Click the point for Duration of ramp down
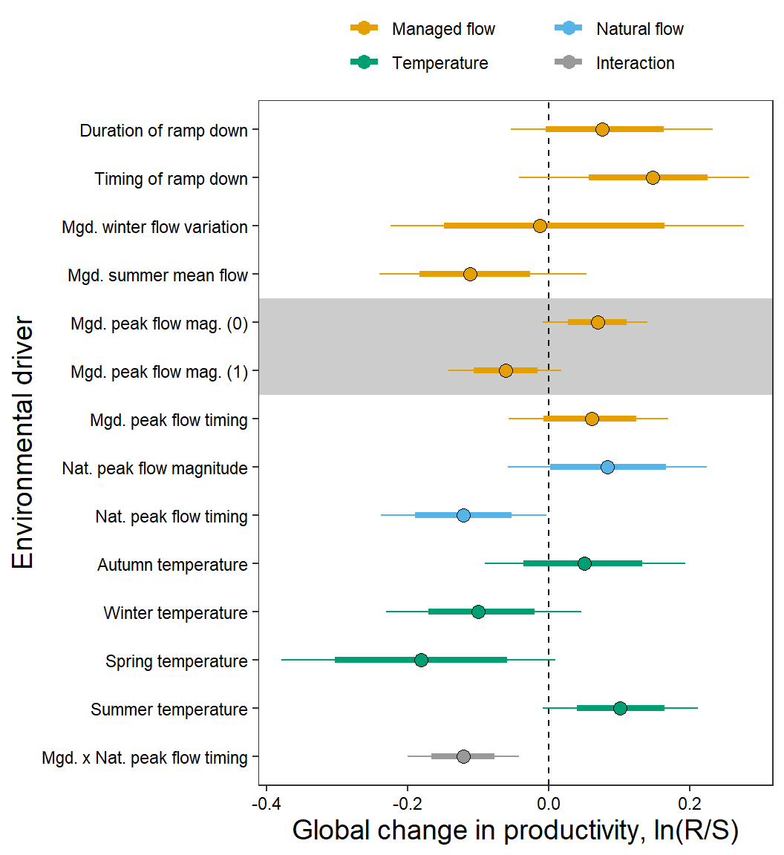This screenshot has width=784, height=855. [602, 130]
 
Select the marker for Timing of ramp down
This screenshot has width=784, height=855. [653, 178]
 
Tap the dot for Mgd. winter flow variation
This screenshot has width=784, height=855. [540, 226]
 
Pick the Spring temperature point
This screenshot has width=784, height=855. [421, 660]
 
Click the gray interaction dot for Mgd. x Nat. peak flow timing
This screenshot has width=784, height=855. [463, 756]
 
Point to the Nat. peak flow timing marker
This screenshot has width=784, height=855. [463, 515]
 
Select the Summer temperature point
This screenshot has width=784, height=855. [620, 708]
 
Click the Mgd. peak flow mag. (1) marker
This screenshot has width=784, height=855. [506, 370]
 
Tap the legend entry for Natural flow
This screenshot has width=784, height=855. [639, 29]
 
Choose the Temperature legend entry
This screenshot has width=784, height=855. [440, 63]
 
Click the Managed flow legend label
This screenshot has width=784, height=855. [443, 29]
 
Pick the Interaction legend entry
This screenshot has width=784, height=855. [635, 63]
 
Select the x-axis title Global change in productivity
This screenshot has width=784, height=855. [515, 831]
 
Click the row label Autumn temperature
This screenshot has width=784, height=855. [172, 565]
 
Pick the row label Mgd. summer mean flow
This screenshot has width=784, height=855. [157, 275]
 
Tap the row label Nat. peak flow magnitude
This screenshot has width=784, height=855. [154, 468]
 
